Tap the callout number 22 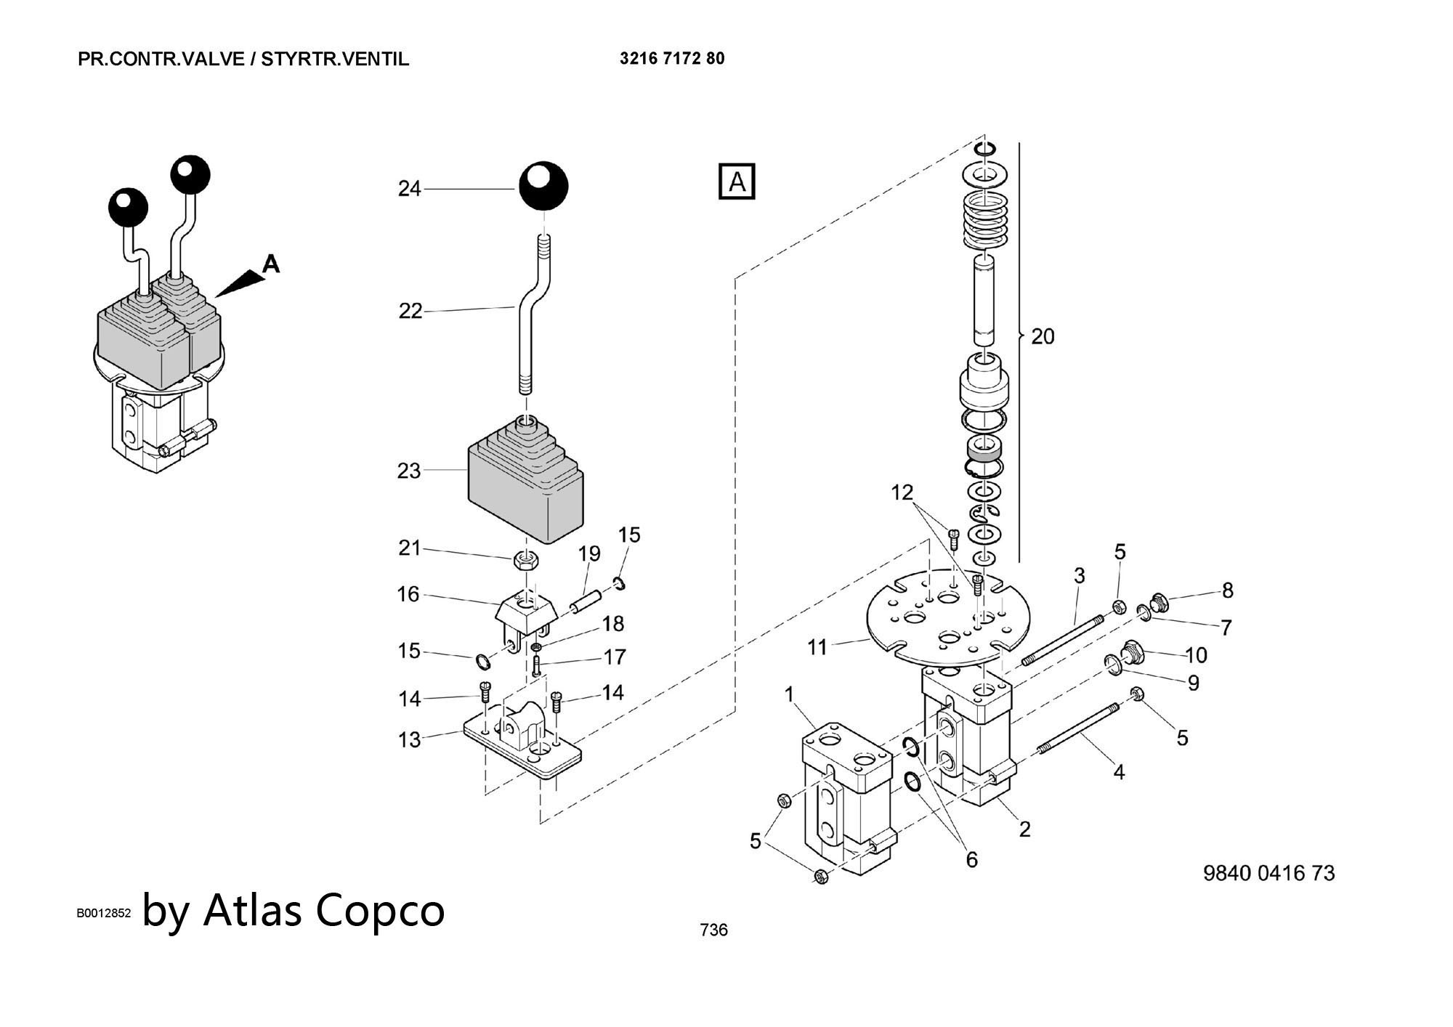click(x=410, y=311)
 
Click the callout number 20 click(x=1043, y=336)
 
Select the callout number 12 click(x=902, y=492)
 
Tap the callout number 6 click(x=971, y=860)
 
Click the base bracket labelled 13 click(x=523, y=748)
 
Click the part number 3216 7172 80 click(x=672, y=58)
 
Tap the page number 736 click(x=713, y=930)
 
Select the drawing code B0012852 click(x=104, y=913)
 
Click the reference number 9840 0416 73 click(x=1268, y=873)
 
